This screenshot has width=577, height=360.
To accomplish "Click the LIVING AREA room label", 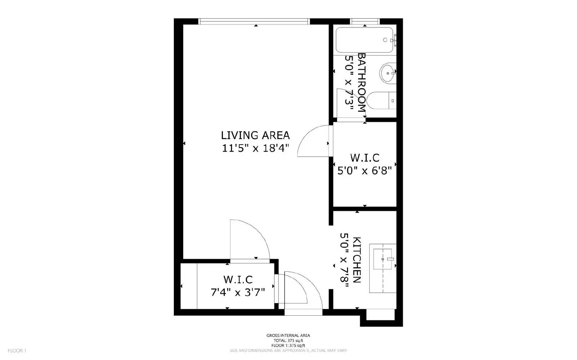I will pyautogui.click(x=255, y=135).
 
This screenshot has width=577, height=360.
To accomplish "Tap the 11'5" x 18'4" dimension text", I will pyautogui.click(x=256, y=148).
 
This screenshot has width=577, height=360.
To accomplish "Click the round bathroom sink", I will pyautogui.click(x=388, y=73).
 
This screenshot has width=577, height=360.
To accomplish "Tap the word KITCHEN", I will pyautogui.click(x=357, y=260).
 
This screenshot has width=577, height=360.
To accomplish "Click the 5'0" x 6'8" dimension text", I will pyautogui.click(x=364, y=170).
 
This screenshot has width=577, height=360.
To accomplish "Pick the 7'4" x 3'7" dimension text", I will pyautogui.click(x=238, y=292).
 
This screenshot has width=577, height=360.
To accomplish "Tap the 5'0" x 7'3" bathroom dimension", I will pyautogui.click(x=349, y=80).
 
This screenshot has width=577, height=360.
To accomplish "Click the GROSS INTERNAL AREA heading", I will pyautogui.click(x=288, y=335).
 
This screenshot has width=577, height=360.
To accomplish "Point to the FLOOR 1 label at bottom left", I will pyautogui.click(x=17, y=351).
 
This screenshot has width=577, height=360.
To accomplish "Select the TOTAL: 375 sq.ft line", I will pyautogui.click(x=288, y=341).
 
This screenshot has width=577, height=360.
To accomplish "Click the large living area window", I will pyautogui.click(x=254, y=22).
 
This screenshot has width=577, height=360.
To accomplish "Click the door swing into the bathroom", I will pyautogui.click(x=352, y=103).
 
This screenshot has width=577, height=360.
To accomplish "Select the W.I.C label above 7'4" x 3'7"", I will pyautogui.click(x=238, y=279).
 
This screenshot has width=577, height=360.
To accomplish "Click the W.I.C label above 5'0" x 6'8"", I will pyautogui.click(x=365, y=158).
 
